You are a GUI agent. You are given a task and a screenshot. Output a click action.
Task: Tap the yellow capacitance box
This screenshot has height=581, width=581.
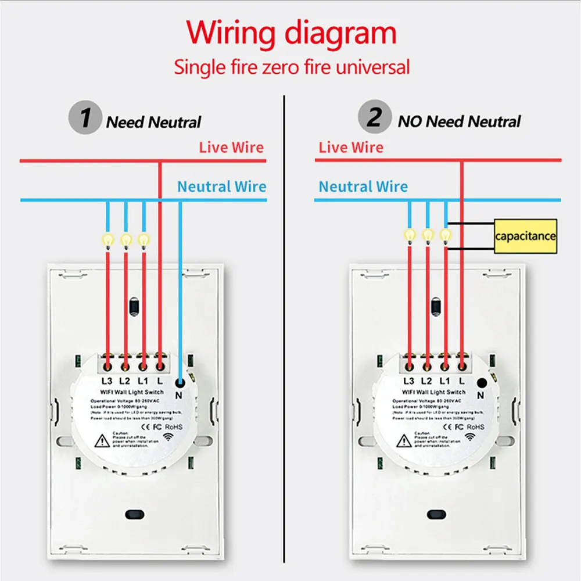coord(525,236)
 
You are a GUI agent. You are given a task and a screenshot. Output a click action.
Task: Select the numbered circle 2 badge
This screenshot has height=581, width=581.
coord(374,118)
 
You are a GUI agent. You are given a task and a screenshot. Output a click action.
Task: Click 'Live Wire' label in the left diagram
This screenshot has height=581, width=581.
coord(231,148)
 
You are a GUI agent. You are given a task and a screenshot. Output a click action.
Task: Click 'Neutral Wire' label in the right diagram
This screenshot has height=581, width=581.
coord(363,187)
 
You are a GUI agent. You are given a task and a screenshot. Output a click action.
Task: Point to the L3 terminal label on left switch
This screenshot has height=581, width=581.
coord(106,381)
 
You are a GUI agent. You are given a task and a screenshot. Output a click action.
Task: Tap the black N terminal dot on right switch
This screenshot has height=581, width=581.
coord(481,383)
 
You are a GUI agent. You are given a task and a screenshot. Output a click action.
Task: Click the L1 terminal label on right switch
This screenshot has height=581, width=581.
coord(445,381)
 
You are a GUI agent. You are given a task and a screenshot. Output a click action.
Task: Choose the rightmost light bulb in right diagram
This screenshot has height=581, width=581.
coord(446,235)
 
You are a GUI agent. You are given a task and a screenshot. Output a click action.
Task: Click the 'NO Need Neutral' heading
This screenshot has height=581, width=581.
coord(459,121)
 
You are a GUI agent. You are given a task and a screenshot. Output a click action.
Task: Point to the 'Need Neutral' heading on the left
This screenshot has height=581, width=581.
coord(153,123)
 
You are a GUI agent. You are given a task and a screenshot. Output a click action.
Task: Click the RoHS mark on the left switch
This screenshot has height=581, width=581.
coord(173,426)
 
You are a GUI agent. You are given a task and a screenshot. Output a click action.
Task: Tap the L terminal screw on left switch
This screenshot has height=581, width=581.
coord(160,367)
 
